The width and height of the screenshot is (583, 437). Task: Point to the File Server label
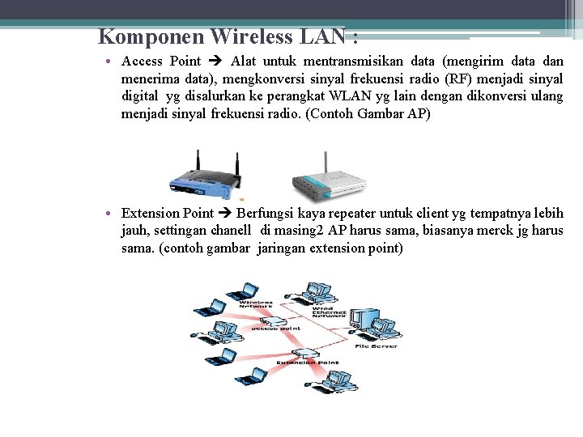376,346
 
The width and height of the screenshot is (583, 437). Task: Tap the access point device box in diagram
274,323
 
